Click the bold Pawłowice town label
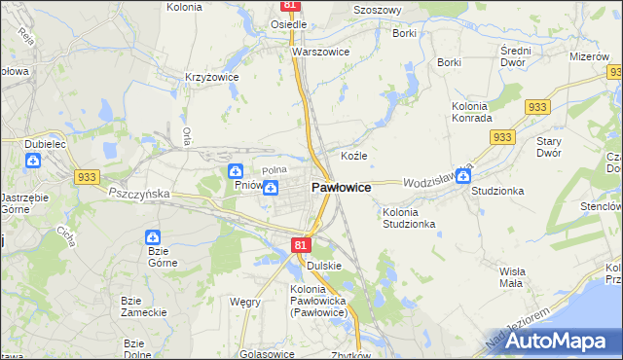[x=340, y=187]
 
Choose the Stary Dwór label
[x=550, y=147]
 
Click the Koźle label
[x=352, y=156]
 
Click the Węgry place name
[x=244, y=302]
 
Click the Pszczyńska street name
[x=139, y=194]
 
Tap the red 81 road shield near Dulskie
[x=300, y=247]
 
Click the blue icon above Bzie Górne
[x=154, y=236]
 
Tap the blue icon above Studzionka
[x=464, y=175]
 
